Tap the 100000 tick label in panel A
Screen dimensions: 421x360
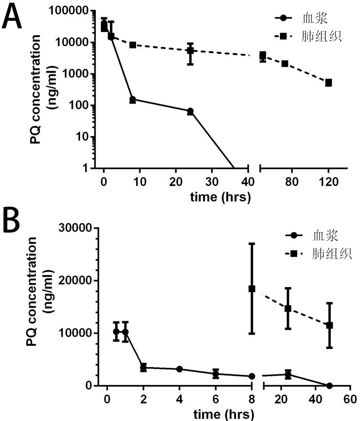pos(74,11)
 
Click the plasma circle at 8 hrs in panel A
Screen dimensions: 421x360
pos(132,100)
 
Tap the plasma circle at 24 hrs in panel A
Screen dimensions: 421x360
pos(190,111)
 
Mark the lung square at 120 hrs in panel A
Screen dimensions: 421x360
pos(328,83)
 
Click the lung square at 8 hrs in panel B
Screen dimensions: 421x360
pos(252,289)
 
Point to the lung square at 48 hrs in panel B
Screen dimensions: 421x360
pos(329,325)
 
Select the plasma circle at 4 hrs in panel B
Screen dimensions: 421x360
pos(180,369)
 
